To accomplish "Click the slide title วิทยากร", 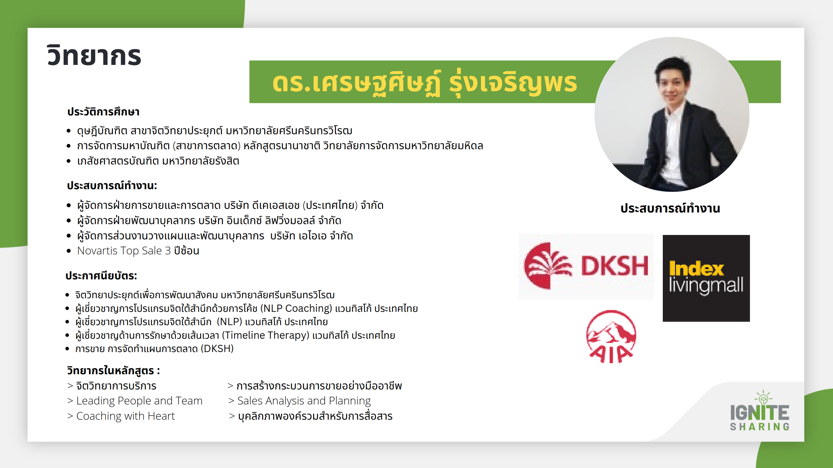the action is point(94,55).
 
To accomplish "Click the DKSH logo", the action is point(586,267).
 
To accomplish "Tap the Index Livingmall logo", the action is point(706,278).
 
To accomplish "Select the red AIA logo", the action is point(611,337).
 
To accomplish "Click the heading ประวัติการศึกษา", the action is point(103,112).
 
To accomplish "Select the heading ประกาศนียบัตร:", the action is point(101,275).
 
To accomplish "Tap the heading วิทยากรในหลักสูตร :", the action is point(113,370).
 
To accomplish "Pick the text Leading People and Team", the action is point(139,401).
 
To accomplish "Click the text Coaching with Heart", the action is point(126,416).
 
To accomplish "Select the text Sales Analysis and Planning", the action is point(304,401).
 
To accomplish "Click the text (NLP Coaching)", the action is point(296,308).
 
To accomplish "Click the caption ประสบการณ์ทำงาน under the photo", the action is point(670,208).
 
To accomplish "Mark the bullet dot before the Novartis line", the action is point(69,251).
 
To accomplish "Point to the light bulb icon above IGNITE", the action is point(764,398).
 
